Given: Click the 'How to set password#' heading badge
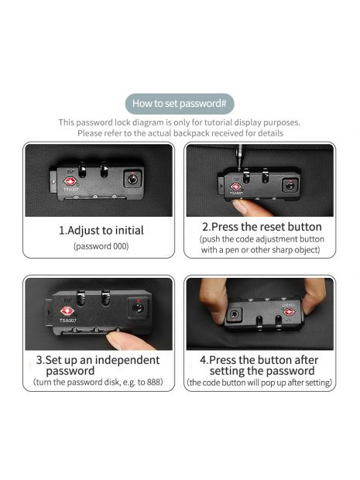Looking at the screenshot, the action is coord(180,104).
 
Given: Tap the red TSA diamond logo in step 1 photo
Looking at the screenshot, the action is coord(70,181).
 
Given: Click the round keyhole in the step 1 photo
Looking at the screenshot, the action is coord(132,179).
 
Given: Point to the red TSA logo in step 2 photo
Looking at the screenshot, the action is coord(235,187).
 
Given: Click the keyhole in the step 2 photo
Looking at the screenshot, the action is coord(290,186).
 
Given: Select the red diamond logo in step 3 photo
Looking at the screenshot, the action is coord(67,311).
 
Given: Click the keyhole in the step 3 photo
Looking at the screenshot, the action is coord(139,308).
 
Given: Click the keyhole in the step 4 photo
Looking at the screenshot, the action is coord(235,314).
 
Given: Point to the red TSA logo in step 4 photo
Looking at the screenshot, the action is coord(289,312).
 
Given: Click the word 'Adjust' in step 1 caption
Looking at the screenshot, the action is coord(82,231).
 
